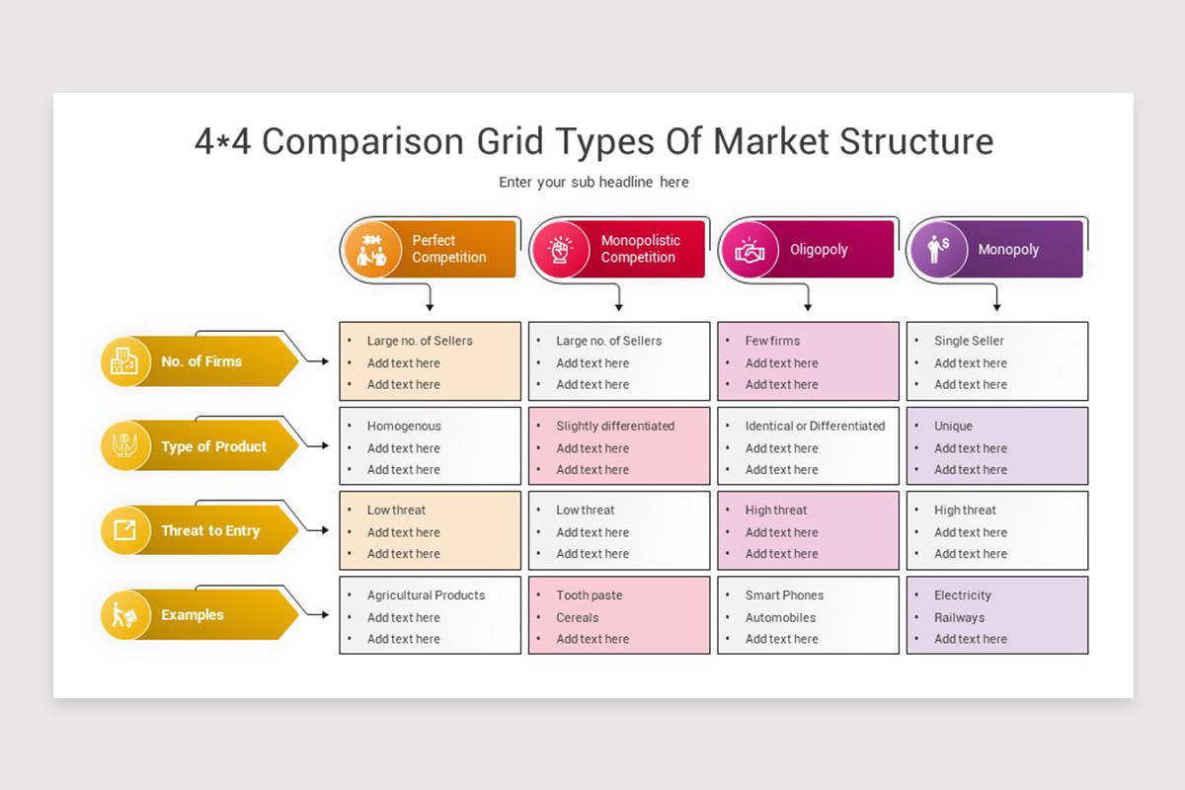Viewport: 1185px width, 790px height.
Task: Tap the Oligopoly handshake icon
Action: point(750,250)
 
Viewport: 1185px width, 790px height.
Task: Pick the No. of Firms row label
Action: point(200,361)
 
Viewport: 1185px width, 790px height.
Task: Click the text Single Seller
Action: point(969,341)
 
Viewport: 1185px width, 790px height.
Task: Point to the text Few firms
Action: point(772,341)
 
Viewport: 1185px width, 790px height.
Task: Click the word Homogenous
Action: point(404,427)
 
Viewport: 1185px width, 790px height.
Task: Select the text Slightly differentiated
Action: point(615,427)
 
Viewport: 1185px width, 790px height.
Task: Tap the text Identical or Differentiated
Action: point(815,427)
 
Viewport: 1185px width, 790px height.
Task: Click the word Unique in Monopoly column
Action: point(953,427)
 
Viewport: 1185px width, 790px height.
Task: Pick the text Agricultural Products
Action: point(426,595)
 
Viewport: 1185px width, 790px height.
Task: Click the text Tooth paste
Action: point(589,595)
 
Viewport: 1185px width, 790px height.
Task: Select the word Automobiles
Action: point(780,617)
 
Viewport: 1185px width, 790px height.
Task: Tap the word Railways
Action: point(959,617)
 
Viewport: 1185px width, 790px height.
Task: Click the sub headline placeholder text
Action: point(593,182)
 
